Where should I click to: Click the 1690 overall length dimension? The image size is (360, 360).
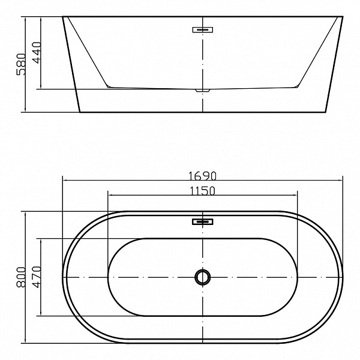pos(202,176)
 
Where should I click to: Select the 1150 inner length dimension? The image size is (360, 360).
pos(202,191)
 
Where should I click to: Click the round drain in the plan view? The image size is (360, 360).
pos(203,277)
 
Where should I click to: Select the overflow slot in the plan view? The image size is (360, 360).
pos(203,222)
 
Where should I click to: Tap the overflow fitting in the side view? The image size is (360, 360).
pos(203,29)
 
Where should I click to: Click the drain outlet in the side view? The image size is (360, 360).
pos(203,91)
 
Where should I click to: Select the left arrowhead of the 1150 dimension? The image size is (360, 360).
pos(109,194)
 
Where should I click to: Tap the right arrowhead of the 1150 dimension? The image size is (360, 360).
pos(296,194)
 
